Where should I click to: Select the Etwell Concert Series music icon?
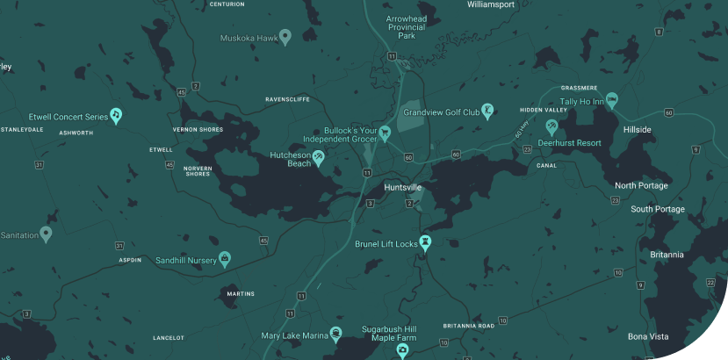coord(116,115)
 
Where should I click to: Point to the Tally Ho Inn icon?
coord(612,100)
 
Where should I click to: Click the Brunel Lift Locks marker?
coord(426,242)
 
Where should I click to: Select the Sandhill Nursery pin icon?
coord(225,259)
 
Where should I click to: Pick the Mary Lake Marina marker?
coord(335,334)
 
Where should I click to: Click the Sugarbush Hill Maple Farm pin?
coord(402,350)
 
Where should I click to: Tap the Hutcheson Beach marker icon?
coord(319,158)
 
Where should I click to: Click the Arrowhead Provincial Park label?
coord(406,26)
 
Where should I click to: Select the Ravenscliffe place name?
coord(287,99)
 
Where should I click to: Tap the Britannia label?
coord(667,255)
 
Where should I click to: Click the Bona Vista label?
coord(649,336)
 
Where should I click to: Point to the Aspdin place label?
coord(130,261)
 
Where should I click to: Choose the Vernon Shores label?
coord(198,129)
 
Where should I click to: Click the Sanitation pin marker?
coord(46,234)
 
